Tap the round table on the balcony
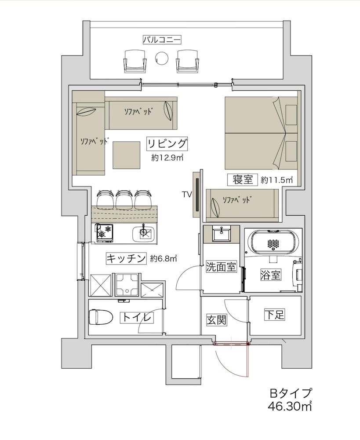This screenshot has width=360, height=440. point(162,57)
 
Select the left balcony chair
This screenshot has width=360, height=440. point(135,60)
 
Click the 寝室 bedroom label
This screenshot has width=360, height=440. point(241,180)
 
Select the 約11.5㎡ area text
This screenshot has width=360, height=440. point(276,180)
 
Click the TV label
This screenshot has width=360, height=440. point(187,194)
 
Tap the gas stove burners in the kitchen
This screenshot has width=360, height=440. point(105,231)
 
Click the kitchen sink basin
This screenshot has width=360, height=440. point(144,233)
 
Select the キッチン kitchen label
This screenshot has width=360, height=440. point(126,259)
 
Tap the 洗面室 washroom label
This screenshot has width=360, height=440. point(222,267)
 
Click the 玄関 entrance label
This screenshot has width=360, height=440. point(217,320)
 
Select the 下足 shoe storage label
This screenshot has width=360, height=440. point(274,315)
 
